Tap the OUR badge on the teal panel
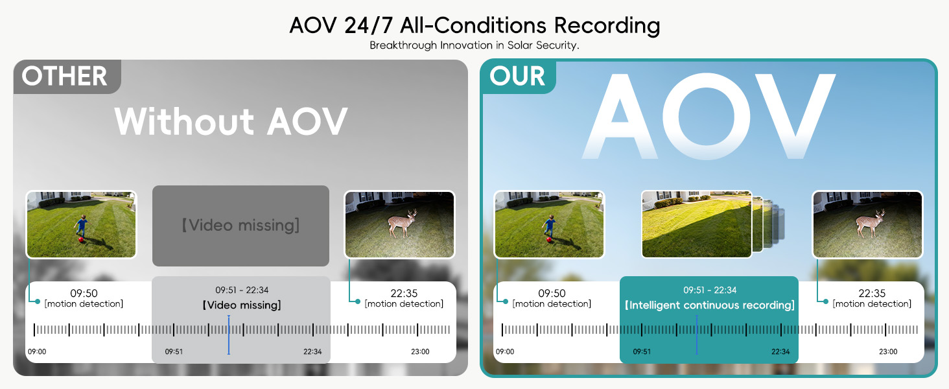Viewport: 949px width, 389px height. (517, 77)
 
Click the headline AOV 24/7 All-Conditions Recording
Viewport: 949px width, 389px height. (474, 25)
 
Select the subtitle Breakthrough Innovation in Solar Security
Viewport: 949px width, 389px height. (474, 45)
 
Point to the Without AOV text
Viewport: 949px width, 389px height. (231, 121)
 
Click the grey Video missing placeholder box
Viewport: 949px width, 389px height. (240, 226)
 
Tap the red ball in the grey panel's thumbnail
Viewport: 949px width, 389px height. (81, 241)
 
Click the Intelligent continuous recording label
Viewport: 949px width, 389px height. (710, 305)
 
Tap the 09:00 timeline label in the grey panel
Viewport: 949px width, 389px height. (37, 351)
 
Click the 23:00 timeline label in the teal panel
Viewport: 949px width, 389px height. (888, 351)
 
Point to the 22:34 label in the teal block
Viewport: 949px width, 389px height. (780, 351)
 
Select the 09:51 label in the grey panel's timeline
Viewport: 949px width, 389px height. (174, 351)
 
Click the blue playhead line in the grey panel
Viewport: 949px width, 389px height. (229, 335)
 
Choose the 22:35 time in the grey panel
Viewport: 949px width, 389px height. (404, 293)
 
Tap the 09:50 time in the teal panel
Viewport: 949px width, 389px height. (552, 293)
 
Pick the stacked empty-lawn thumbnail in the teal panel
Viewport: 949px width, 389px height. (696, 224)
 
